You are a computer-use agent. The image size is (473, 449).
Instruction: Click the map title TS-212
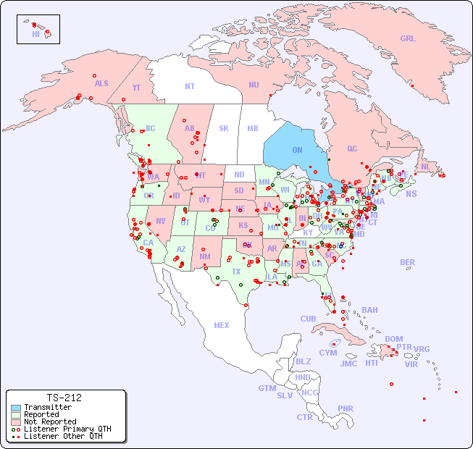tap(64, 398)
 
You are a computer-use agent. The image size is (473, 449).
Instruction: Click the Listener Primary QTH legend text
tap(67, 429)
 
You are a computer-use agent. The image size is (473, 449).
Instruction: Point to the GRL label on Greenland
tap(408, 39)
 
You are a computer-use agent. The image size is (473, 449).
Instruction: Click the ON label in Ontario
tap(297, 150)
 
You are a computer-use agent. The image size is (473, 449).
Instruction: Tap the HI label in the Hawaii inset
tap(35, 34)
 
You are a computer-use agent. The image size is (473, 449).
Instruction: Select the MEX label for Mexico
tap(222, 325)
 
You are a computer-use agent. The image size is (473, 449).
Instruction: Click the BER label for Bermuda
tap(408, 262)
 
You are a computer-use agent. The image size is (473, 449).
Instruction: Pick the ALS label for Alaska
tap(101, 83)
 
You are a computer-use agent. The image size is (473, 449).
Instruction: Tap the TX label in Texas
tap(236, 272)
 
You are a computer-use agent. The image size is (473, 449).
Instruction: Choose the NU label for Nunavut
tap(254, 85)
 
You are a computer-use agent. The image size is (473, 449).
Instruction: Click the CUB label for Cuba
tap(308, 319)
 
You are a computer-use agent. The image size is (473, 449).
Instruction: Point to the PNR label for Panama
tap(346, 408)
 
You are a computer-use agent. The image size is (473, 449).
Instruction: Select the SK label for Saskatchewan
tap(224, 128)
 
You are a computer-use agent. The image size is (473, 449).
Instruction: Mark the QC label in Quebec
tap(352, 148)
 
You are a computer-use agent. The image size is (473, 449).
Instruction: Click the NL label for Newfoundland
tap(425, 166)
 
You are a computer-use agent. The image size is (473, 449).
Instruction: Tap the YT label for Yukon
tap(136, 88)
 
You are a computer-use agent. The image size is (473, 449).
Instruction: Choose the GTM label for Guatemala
tap(267, 388)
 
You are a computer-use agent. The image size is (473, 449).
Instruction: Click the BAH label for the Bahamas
tap(369, 310)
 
